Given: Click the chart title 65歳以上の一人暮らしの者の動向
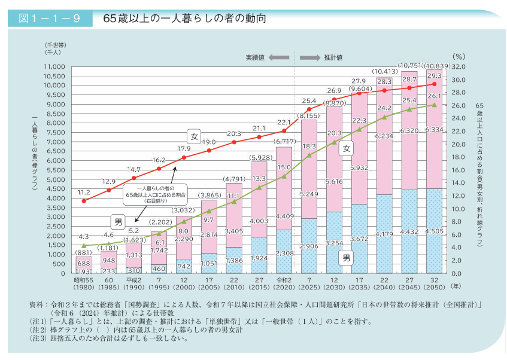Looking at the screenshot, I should pyautogui.click(x=184, y=19).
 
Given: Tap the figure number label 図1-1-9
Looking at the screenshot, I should pyautogui.click(x=50, y=19).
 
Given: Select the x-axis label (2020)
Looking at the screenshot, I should pyautogui.click(x=283, y=285).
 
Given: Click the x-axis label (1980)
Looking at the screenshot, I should pyautogui.click(x=83, y=285).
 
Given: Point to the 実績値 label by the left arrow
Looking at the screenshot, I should pyautogui.click(x=254, y=57).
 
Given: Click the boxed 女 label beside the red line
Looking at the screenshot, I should pyautogui.click(x=194, y=136).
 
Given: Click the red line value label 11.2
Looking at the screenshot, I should pyautogui.click(x=84, y=193).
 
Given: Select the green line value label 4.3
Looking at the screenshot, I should pyautogui.click(x=84, y=236).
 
